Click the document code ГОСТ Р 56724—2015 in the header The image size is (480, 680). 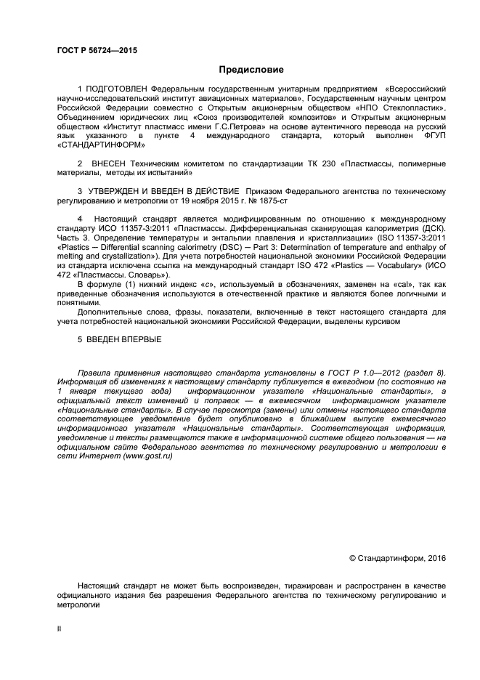coord(97,51)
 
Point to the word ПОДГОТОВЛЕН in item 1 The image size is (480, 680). coord(116,88)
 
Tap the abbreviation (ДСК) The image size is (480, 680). coord(430,229)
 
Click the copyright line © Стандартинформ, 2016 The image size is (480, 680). coord(396,558)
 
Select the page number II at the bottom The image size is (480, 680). coord(59,630)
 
